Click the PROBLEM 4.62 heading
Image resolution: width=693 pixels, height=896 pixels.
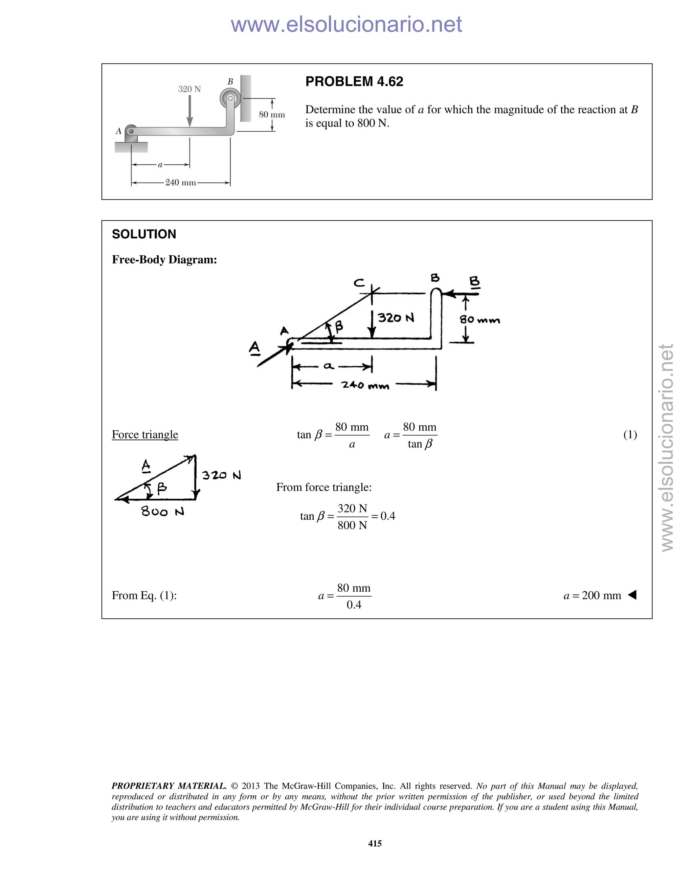354,81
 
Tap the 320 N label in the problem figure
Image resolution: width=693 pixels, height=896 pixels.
189,89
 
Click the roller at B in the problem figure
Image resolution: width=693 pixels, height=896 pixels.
229,99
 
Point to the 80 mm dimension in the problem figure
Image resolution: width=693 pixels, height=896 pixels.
272,115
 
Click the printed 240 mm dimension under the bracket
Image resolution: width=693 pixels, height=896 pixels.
180,183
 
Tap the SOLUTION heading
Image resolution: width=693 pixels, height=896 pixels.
144,234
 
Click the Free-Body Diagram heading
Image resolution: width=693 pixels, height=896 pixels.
164,260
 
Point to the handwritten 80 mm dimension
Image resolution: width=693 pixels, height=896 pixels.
479,320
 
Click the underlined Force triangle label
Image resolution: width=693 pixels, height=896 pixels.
145,434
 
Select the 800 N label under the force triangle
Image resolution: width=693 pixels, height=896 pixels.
162,512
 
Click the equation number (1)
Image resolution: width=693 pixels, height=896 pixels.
630,434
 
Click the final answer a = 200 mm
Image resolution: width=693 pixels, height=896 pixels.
592,595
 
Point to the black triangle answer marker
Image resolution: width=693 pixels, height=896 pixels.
632,595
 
